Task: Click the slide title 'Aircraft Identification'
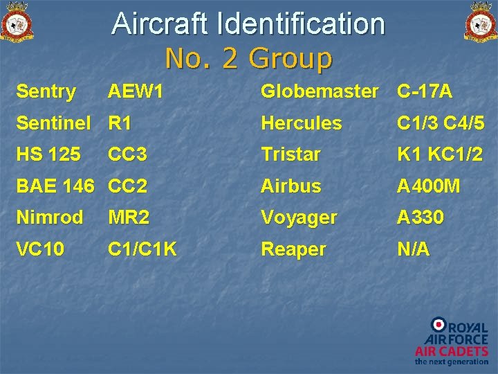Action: point(248,24)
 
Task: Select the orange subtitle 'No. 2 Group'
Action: point(248,58)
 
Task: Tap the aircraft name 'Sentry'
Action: point(46,91)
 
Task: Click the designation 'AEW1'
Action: point(136,91)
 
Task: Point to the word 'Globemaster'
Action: point(320,91)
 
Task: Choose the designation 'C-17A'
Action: point(425,91)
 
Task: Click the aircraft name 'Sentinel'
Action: point(53,123)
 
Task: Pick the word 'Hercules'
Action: point(301,123)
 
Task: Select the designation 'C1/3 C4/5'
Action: point(441,123)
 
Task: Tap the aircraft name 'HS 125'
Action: point(48,154)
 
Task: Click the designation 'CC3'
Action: point(127,154)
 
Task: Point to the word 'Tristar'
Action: point(290,154)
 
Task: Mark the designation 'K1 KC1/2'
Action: point(441,154)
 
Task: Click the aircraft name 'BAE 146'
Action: point(55,186)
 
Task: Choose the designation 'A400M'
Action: point(429,186)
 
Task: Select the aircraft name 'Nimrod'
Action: point(49,217)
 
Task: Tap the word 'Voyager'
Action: point(299,217)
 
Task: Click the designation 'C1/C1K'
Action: point(142,249)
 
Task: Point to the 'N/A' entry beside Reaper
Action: point(413,249)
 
